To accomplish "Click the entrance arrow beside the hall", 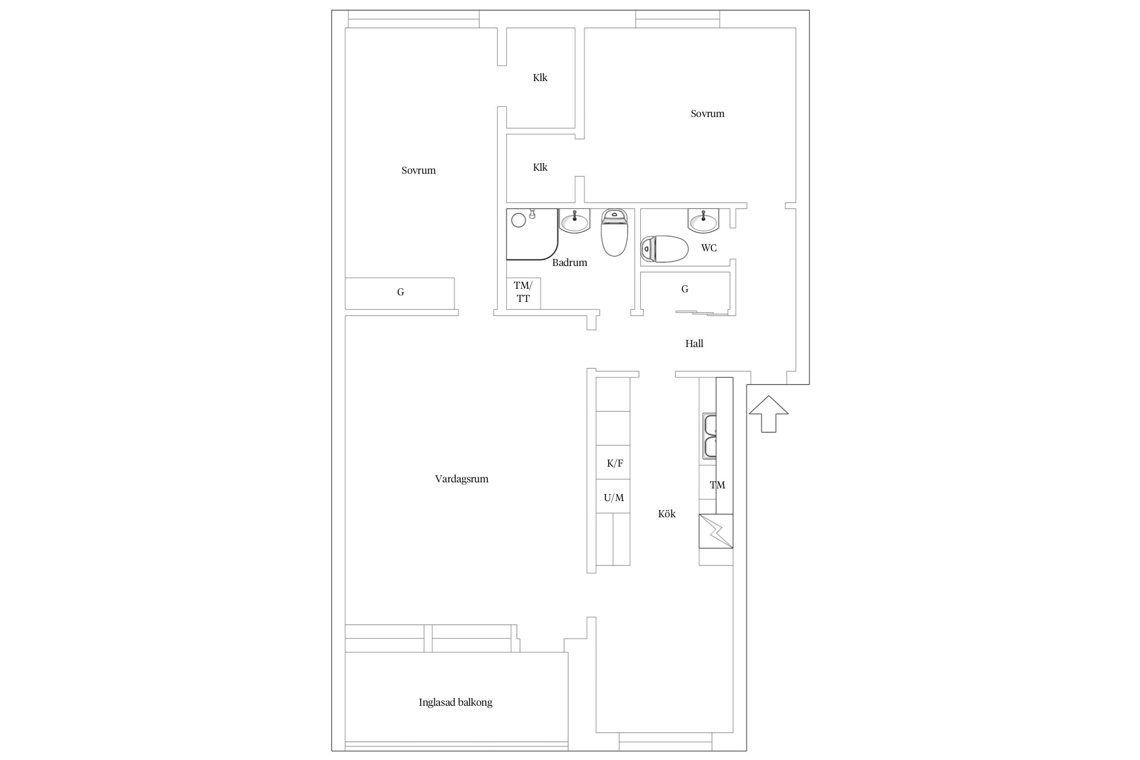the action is (769, 413).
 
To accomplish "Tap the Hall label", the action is (694, 344).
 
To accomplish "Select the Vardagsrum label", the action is (462, 479).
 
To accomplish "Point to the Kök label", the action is (667, 514).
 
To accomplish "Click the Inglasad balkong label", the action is (455, 702).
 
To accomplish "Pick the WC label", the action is (709, 248).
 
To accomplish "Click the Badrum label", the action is (569, 262).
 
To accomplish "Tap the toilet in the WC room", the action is (664, 249).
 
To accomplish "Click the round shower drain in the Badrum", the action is (518, 220).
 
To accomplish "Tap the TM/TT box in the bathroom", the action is (523, 293).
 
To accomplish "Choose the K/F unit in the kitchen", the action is (613, 463).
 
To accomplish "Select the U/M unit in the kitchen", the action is (613, 497).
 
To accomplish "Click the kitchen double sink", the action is (709, 436).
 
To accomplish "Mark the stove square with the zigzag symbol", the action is (716, 531).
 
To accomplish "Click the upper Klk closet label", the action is (540, 78).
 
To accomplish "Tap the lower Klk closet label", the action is (540, 167).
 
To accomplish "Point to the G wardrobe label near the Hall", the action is (685, 289).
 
